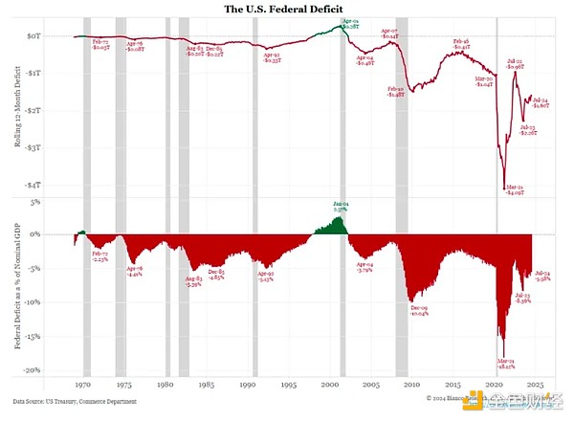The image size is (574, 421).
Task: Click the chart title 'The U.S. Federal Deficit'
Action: (x=286, y=9)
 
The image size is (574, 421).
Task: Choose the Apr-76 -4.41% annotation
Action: (x=135, y=272)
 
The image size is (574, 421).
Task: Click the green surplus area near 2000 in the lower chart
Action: (x=336, y=227)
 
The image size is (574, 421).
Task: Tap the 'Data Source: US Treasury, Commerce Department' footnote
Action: (x=75, y=401)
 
